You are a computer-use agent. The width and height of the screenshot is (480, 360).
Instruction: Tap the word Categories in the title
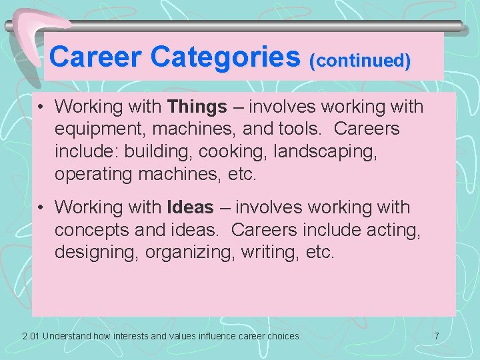225,57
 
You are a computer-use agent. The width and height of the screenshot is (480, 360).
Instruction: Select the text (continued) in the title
360,61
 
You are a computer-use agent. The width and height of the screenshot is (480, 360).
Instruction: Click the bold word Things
197,107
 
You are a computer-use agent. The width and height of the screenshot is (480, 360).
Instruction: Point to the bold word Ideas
191,208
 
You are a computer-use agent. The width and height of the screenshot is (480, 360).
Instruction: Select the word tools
303,128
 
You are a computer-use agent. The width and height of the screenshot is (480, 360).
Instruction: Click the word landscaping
326,151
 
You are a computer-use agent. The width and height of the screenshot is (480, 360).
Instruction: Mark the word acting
386,230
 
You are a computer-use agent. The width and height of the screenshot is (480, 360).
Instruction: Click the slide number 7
437,336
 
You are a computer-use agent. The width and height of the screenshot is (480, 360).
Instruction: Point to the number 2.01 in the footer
31,336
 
